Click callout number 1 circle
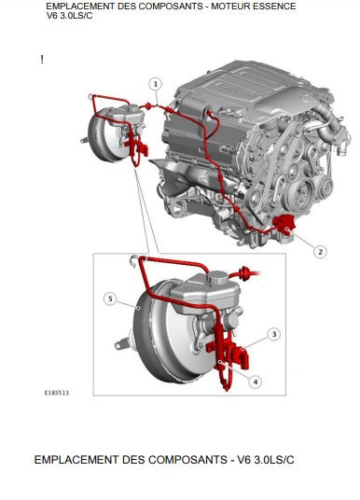pyautogui.click(x=156, y=84)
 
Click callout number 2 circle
pyautogui.click(x=320, y=252)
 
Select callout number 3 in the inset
pyautogui.click(x=274, y=334)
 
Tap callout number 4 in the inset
pyautogui.click(x=256, y=382)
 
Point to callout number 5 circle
pyautogui.click(x=110, y=299)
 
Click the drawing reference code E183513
pyautogui.click(x=57, y=393)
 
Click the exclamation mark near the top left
pyautogui.click(x=42, y=60)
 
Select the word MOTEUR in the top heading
pyautogui.click(x=231, y=6)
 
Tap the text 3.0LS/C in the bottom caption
pyautogui.click(x=274, y=460)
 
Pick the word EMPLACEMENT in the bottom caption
pyautogui.click(x=76, y=460)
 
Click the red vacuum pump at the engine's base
pyautogui.click(x=284, y=224)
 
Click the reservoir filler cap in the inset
pyautogui.click(x=217, y=277)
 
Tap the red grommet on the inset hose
pyautogui.click(x=244, y=273)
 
